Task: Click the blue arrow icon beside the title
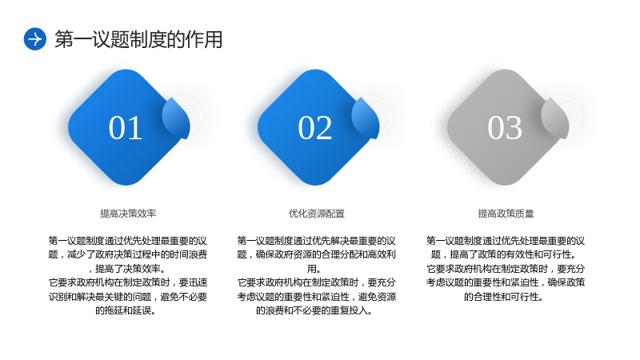35,39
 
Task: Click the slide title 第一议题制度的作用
138,39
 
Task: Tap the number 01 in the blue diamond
126,128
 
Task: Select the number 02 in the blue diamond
314,128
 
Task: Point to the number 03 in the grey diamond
505,128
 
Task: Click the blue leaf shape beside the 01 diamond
177,118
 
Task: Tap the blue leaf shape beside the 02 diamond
366,118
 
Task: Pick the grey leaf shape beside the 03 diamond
556,118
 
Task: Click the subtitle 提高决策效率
128,214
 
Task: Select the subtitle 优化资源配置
317,214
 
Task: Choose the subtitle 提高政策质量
506,214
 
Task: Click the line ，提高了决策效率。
127,269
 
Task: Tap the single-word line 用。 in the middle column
314,269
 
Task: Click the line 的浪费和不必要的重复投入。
314,310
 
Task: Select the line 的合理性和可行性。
504,297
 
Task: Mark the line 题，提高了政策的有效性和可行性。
506,254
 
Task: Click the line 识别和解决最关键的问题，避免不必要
128,297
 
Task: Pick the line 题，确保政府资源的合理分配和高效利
316,254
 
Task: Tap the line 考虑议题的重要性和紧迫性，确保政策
506,282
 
